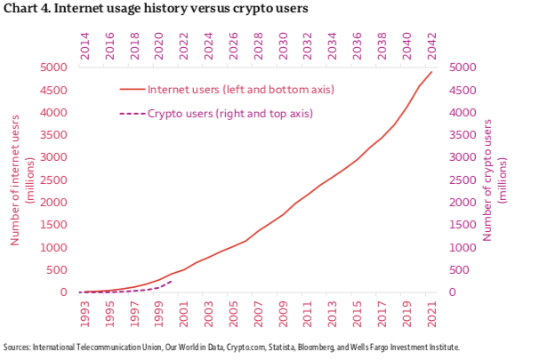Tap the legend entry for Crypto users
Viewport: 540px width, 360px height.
click(x=230, y=114)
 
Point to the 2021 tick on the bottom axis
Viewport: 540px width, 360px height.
click(x=432, y=314)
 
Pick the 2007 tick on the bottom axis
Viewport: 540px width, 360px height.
click(x=258, y=314)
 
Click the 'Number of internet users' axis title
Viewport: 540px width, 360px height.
click(x=20, y=180)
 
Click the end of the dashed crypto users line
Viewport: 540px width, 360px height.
click(x=171, y=281)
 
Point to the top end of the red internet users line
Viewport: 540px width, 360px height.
click(x=432, y=72)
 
